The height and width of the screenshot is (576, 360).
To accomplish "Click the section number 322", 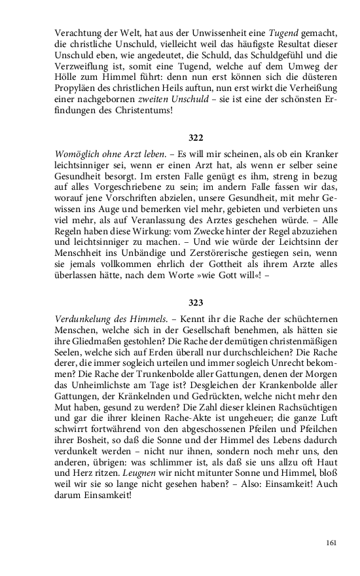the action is click(196, 138).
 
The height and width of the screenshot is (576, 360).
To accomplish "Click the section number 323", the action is click(196, 303).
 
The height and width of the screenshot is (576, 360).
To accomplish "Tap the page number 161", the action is click(331, 543).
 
